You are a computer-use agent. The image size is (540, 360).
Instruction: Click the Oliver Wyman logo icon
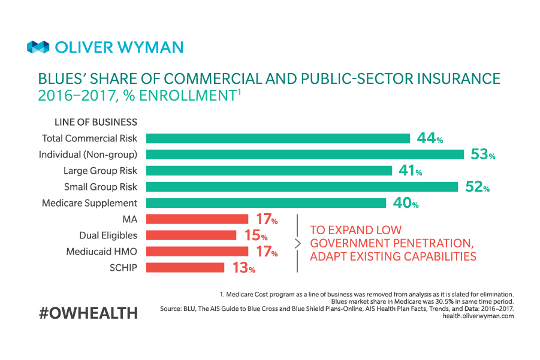coord(38,47)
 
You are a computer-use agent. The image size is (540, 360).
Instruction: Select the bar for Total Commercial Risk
coord(277,138)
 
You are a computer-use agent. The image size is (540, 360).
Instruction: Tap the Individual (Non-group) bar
coord(304,155)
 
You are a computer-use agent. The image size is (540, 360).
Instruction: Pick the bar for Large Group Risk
coord(269,171)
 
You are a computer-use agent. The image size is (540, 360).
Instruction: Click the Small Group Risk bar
coord(301,187)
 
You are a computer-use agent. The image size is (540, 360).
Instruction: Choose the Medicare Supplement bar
coord(266,203)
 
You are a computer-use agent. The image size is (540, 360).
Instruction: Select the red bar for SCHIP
coord(185,267)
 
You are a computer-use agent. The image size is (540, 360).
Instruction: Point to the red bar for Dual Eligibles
coord(191,235)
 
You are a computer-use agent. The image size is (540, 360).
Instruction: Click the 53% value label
coord(482,155)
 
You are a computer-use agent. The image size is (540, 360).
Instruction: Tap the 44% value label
coord(430,138)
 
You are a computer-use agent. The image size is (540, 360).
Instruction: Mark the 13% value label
coord(244,268)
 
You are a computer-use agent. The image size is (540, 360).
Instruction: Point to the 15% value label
coord(256,235)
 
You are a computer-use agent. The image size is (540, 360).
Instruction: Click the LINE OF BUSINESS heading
coord(96,122)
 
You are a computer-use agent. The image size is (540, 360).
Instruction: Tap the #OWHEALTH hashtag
coord(88,312)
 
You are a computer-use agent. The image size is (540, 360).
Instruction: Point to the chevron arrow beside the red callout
coord(298,243)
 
